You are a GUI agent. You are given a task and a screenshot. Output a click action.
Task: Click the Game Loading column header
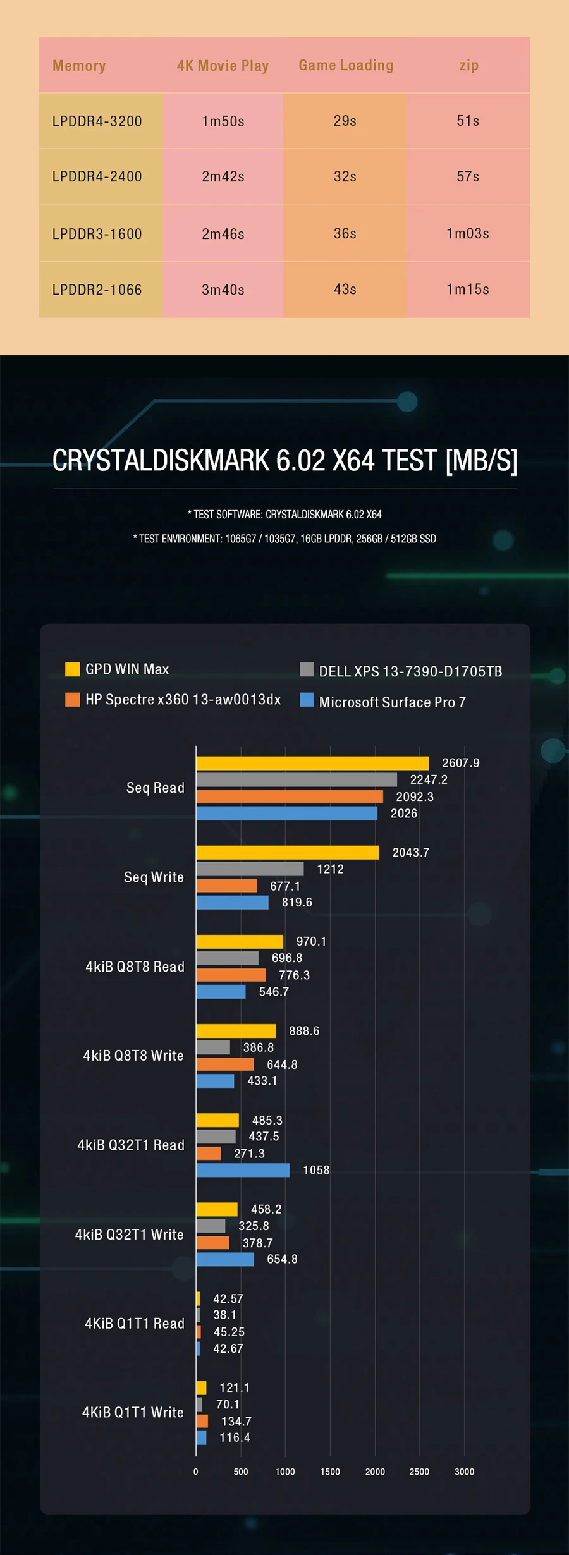[346, 65]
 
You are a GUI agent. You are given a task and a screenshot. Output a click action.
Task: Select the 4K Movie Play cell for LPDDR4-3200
[223, 121]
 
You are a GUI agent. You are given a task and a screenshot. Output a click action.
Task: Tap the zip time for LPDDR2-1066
[468, 290]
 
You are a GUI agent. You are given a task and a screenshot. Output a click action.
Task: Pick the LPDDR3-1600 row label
[97, 234]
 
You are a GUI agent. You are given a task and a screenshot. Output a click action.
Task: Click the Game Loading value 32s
[345, 177]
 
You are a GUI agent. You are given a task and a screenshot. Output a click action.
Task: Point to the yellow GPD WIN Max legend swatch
[73, 669]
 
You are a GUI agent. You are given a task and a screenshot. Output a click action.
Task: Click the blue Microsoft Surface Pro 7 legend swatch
[307, 700]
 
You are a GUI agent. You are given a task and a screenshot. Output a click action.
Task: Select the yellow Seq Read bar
[312, 764]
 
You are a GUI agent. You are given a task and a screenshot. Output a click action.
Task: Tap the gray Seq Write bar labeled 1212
[250, 869]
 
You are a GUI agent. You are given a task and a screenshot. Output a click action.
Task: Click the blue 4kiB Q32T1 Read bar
[243, 1170]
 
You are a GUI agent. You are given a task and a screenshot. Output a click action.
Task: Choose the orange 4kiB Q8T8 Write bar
[224, 1064]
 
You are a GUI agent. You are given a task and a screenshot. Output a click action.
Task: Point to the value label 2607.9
[460, 763]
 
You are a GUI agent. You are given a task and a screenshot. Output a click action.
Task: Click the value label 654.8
[282, 1259]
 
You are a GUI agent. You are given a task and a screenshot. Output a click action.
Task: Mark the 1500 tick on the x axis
[330, 1472]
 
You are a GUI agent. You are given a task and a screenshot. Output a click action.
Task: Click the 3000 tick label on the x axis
[464, 1472]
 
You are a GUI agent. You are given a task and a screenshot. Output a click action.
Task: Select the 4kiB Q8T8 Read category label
[135, 967]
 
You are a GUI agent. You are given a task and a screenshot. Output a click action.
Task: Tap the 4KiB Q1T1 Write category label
[133, 1412]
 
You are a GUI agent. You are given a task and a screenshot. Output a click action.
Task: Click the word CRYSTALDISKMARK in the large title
[161, 460]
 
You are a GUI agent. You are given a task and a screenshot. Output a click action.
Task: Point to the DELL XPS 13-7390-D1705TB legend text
[410, 671]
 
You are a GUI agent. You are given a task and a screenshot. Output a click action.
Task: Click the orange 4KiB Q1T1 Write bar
[202, 1421]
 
